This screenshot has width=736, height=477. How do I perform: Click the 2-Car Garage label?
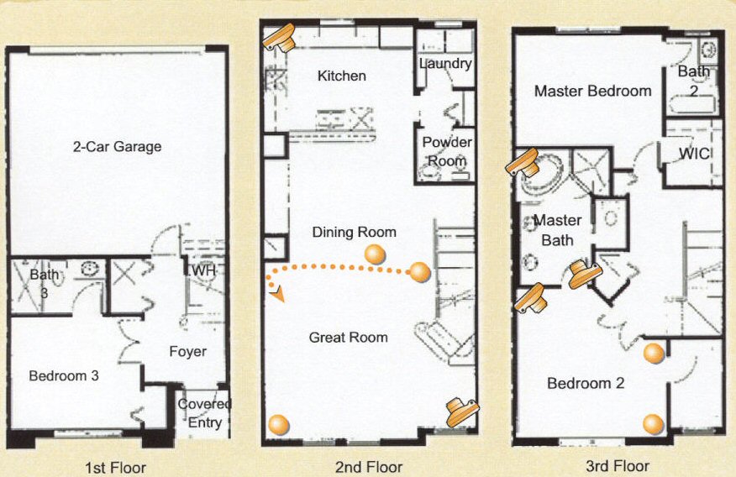point(118,147)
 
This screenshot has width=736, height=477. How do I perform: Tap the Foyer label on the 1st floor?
point(187,352)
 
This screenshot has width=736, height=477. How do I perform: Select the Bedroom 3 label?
point(64,375)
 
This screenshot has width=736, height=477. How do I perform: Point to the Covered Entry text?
point(204,413)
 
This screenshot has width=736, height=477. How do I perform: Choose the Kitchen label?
point(342,76)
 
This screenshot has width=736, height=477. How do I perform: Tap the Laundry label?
point(445,64)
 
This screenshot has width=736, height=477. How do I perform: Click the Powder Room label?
point(447,151)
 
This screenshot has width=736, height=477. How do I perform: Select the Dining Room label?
point(354,232)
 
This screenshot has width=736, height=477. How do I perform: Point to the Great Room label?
point(349,338)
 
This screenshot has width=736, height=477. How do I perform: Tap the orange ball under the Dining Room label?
point(375,254)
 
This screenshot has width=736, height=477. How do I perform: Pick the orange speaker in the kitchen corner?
point(278,37)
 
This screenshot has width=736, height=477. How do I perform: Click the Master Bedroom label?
point(593,91)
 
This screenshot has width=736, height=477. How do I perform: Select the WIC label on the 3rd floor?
point(695,154)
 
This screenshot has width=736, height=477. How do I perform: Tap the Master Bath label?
point(558,230)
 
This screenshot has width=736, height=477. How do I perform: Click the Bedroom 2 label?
point(586,384)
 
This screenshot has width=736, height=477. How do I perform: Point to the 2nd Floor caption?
point(369,467)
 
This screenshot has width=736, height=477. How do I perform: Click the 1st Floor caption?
point(115,468)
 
